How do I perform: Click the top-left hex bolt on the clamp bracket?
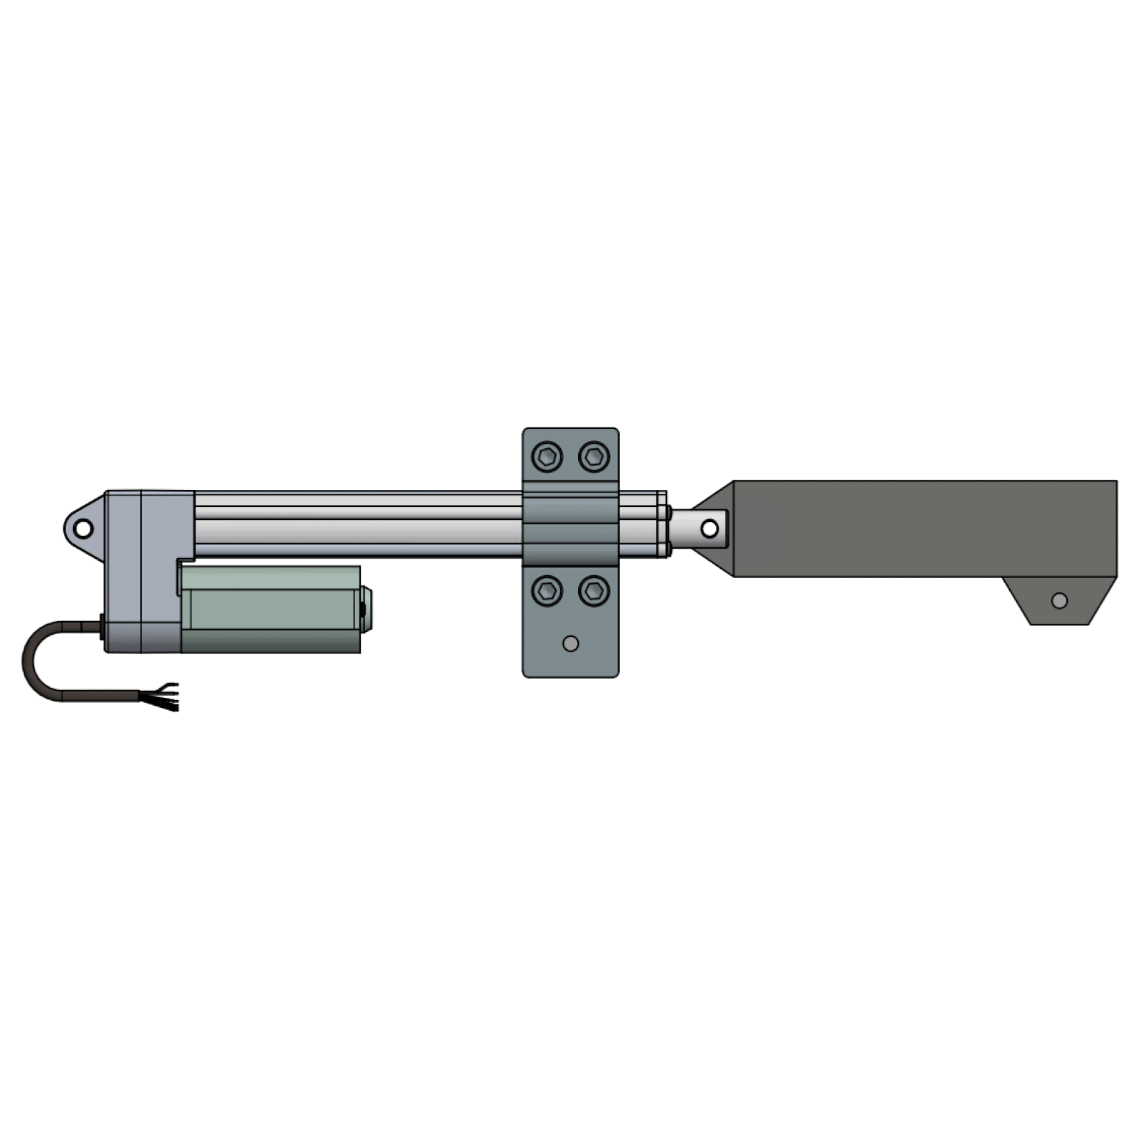click(547, 456)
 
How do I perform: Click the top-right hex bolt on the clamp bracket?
click(594, 456)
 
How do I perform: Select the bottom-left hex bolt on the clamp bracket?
click(547, 591)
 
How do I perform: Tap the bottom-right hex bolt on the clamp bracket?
click(594, 591)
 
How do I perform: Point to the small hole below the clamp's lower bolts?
click(571, 643)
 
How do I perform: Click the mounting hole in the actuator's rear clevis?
click(84, 530)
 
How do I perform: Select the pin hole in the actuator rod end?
click(709, 529)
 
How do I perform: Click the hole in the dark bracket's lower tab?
click(1059, 600)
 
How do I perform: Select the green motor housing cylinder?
click(273, 610)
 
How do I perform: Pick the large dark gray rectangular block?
click(925, 529)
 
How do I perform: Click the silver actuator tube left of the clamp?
click(359, 524)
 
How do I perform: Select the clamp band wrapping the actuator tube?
click(570, 524)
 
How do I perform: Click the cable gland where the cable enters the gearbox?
click(101, 628)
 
